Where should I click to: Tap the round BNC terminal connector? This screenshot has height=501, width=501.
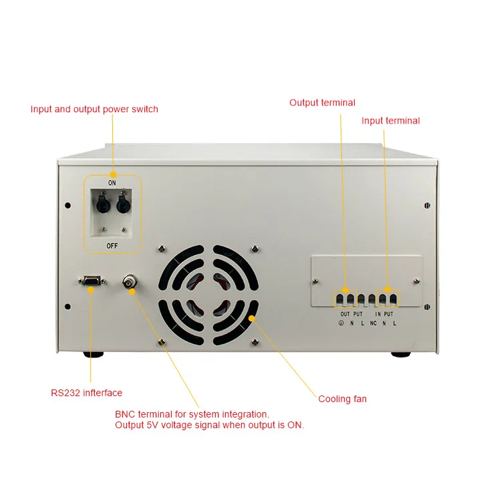[x=129, y=283]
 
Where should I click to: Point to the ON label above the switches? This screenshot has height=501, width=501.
[x=113, y=182]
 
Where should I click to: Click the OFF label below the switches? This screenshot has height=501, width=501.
[x=113, y=245]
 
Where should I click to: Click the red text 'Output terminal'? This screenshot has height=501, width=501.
[x=322, y=103]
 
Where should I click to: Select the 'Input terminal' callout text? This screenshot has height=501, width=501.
[x=391, y=121]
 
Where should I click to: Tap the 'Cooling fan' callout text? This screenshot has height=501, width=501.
[x=342, y=399]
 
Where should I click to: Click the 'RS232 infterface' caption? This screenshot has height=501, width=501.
[x=87, y=393]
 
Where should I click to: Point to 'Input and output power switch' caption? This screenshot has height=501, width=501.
[x=94, y=109]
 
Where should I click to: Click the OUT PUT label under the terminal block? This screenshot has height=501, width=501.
[x=351, y=314]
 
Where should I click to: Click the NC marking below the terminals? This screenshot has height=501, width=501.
[x=373, y=323]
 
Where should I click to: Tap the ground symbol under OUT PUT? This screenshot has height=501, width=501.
[x=341, y=323]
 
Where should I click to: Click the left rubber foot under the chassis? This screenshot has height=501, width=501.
[x=94, y=355]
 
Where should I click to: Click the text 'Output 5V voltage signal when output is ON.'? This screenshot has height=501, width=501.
[x=209, y=426]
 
